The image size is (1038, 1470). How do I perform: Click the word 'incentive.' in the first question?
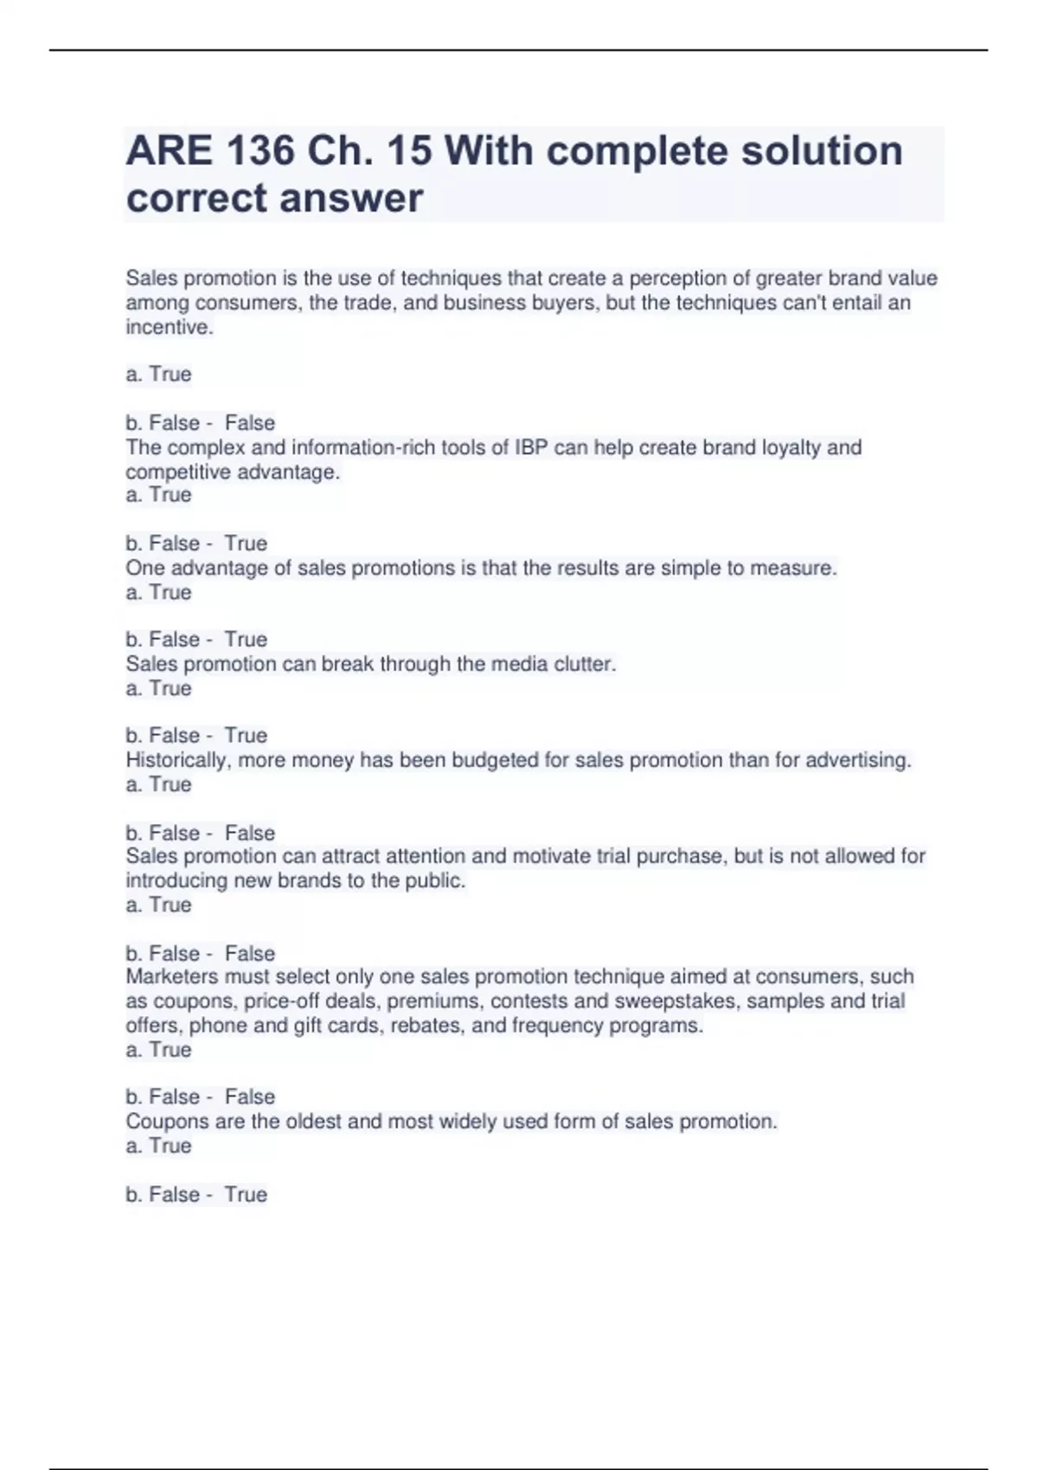(x=169, y=327)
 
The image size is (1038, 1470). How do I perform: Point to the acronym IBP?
(x=532, y=447)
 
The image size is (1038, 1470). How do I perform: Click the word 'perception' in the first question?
(x=679, y=278)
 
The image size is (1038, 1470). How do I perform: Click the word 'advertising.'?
(x=858, y=760)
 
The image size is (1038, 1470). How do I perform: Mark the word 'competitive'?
(x=177, y=472)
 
